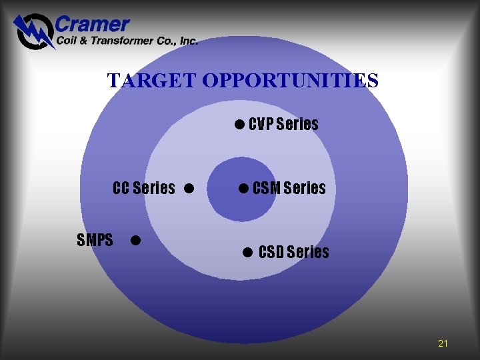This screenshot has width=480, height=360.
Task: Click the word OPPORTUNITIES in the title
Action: (x=290, y=81)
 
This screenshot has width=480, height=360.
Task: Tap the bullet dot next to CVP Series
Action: (x=239, y=124)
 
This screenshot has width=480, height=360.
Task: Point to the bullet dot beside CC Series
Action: (x=189, y=188)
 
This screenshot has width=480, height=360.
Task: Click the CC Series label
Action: (x=144, y=188)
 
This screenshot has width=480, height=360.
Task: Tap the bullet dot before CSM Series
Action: (x=243, y=188)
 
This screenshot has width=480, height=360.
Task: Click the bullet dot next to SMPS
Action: (x=135, y=239)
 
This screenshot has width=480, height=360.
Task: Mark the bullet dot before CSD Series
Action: (x=247, y=252)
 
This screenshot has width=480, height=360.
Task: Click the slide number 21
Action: (x=443, y=343)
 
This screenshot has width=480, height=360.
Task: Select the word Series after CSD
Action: (x=309, y=252)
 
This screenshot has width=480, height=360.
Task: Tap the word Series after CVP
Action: (x=297, y=124)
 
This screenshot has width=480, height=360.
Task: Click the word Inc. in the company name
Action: (x=189, y=41)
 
